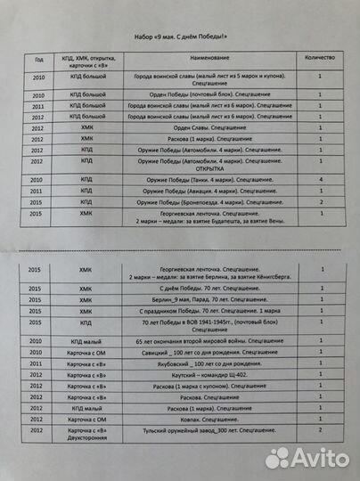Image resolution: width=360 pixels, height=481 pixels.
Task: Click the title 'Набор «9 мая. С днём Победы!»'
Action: coord(179,35)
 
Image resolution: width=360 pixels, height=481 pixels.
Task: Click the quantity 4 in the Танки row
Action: coord(318,181)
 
